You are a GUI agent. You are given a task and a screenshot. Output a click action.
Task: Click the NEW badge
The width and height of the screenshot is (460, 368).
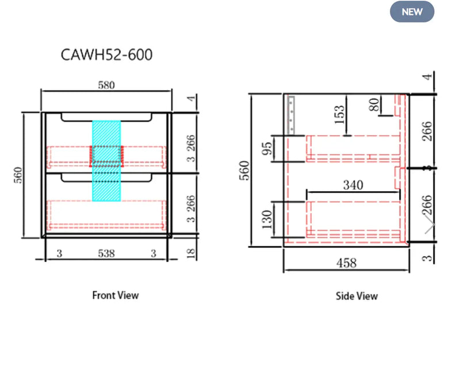(x=412, y=11)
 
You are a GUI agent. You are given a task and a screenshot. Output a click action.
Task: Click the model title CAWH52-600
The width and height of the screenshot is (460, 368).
(x=106, y=55)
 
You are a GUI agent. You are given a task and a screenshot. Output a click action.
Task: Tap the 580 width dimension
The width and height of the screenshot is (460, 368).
(x=106, y=86)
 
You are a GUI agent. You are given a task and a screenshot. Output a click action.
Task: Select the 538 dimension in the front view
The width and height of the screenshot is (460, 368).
(x=106, y=253)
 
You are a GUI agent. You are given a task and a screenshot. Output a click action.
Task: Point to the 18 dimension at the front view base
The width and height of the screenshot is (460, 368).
(x=191, y=253)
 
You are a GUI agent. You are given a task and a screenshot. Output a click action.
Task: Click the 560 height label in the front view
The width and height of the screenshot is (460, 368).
(x=18, y=175)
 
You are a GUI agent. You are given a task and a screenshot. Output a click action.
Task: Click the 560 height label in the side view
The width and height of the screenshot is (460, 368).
(x=244, y=171)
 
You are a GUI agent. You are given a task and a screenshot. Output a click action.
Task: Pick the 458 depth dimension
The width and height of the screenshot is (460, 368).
(x=347, y=263)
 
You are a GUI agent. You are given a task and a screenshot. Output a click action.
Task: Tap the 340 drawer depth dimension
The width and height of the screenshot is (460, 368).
(x=353, y=185)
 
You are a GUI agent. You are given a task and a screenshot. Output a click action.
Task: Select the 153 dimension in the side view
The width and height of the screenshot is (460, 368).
(x=339, y=115)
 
